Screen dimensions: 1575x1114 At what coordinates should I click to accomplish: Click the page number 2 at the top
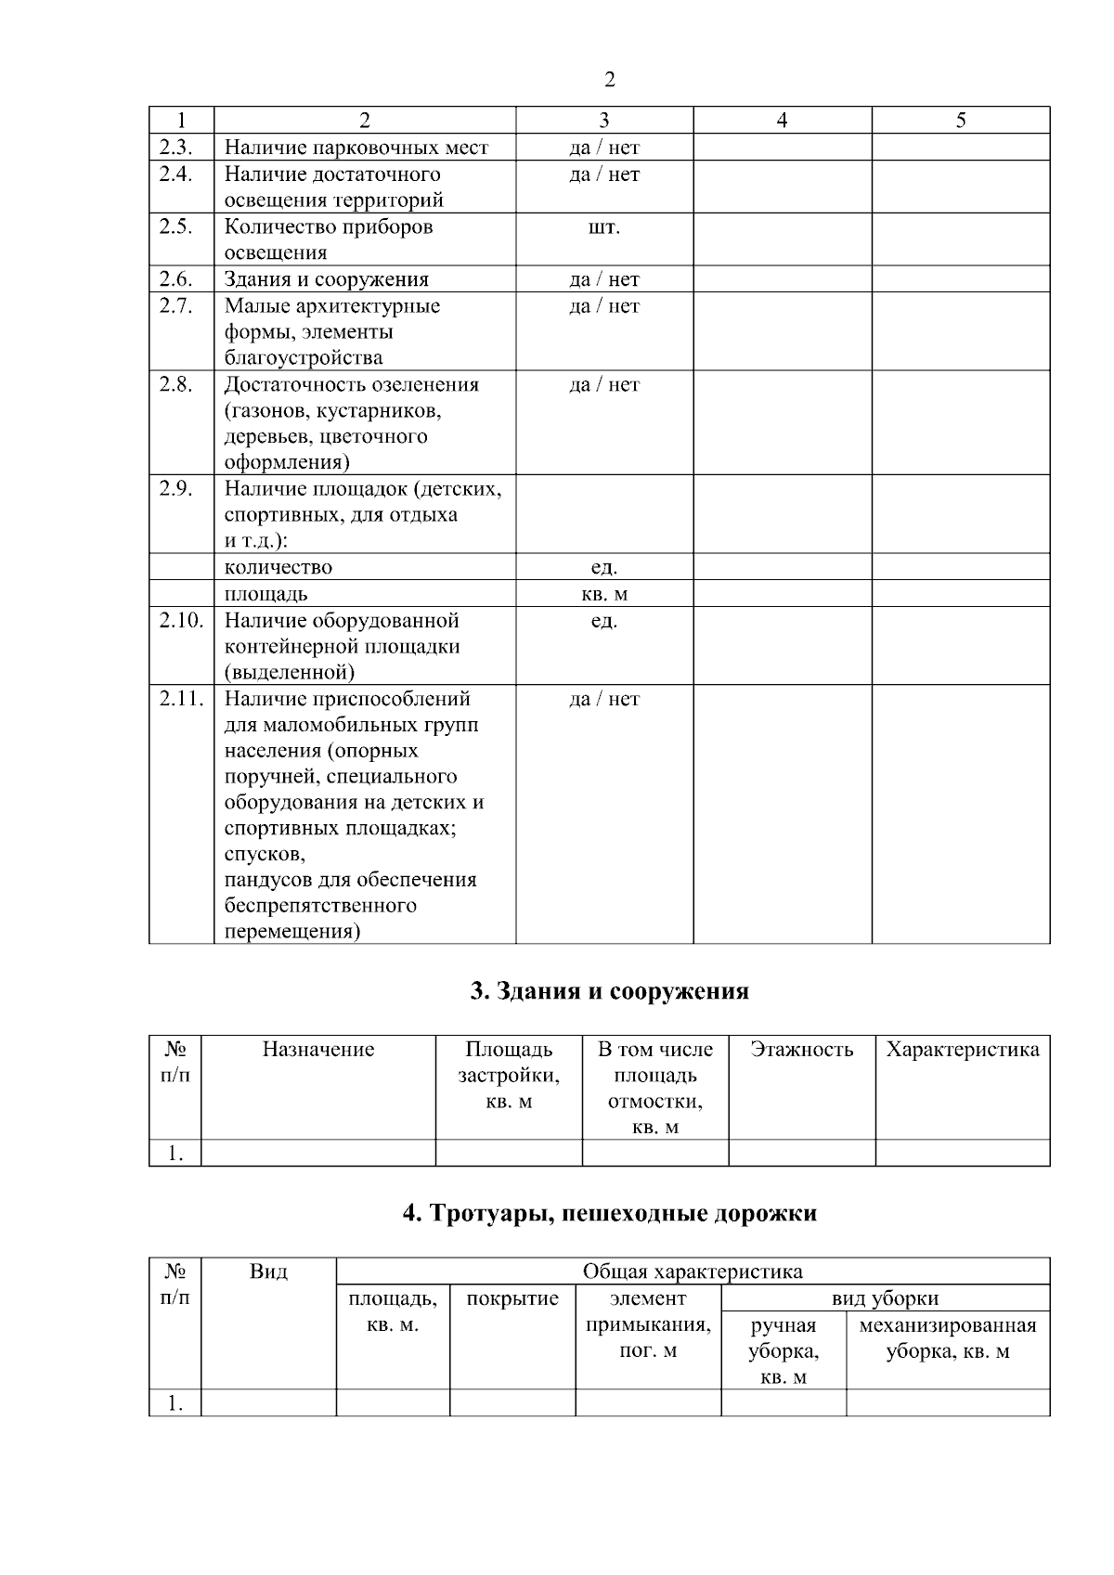(x=609, y=80)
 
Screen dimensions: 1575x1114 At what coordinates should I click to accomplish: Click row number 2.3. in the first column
(x=175, y=147)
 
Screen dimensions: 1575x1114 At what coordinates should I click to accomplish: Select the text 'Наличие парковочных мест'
(x=356, y=148)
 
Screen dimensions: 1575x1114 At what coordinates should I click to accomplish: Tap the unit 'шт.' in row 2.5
(x=603, y=227)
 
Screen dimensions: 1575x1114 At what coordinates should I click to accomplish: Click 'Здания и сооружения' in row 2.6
(x=326, y=279)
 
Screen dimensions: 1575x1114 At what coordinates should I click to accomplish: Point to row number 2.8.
(x=175, y=384)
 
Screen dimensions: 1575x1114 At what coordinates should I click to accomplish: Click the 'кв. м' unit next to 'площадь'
(x=603, y=594)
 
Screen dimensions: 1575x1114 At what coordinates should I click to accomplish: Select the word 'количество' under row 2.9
(x=278, y=567)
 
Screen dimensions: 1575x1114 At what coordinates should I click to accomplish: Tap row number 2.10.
(x=180, y=620)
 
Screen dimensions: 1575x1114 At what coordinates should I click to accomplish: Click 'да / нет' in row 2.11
(x=603, y=699)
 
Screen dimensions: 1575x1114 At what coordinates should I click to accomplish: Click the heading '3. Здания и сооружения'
(x=609, y=991)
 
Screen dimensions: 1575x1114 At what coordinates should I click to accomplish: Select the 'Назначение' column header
(x=318, y=1050)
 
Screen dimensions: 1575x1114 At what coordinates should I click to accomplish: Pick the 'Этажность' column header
(x=801, y=1050)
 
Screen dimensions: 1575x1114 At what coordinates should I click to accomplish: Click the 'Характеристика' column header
(x=963, y=1050)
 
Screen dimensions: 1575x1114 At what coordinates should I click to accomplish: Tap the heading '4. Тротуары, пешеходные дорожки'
(x=609, y=1213)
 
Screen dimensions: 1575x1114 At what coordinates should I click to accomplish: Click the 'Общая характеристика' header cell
(x=692, y=1272)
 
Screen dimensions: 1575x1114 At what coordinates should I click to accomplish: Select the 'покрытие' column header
(x=512, y=1298)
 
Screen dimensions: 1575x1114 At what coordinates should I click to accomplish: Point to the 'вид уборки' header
(x=885, y=1298)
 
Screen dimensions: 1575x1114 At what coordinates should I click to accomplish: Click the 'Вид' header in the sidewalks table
(x=268, y=1272)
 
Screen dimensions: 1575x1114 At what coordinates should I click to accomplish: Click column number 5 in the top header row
(x=961, y=120)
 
